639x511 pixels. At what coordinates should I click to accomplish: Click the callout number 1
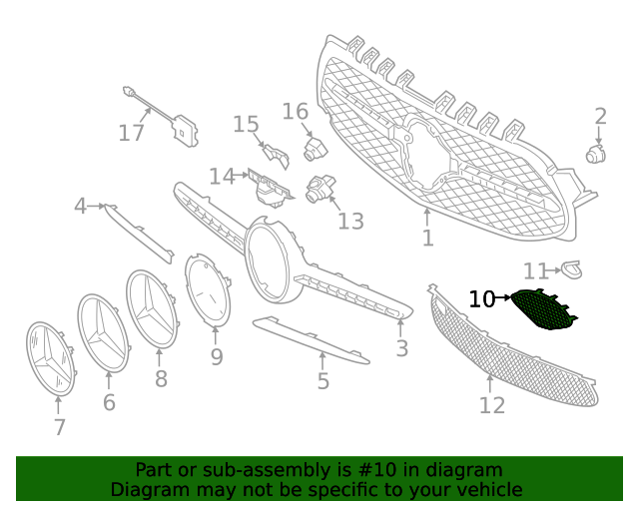click(427, 239)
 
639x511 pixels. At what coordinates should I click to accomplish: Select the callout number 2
click(600, 117)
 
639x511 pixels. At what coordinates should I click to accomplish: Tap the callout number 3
click(401, 348)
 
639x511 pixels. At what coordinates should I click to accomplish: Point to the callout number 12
click(492, 405)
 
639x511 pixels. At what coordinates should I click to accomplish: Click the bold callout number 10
click(481, 298)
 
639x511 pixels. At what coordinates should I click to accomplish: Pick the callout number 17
click(132, 133)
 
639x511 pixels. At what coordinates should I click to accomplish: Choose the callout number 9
click(217, 357)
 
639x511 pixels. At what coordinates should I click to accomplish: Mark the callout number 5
click(322, 381)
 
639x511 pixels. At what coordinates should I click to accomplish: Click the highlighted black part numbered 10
click(542, 309)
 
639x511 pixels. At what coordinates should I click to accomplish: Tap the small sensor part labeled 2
click(596, 154)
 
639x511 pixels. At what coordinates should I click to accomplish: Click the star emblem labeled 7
click(51, 358)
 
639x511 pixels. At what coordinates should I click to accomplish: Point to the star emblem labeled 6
click(104, 333)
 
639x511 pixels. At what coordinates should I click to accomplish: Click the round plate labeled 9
click(208, 289)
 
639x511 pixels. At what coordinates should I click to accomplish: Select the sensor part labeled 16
click(313, 149)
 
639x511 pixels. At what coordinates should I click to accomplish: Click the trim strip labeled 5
click(310, 339)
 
